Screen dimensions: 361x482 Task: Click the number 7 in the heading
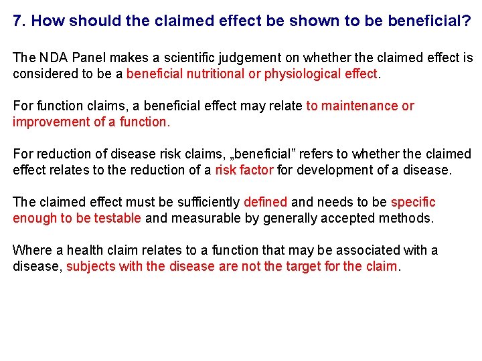click(17, 21)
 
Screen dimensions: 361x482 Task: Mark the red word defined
click(265, 203)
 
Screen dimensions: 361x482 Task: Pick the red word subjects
click(92, 267)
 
